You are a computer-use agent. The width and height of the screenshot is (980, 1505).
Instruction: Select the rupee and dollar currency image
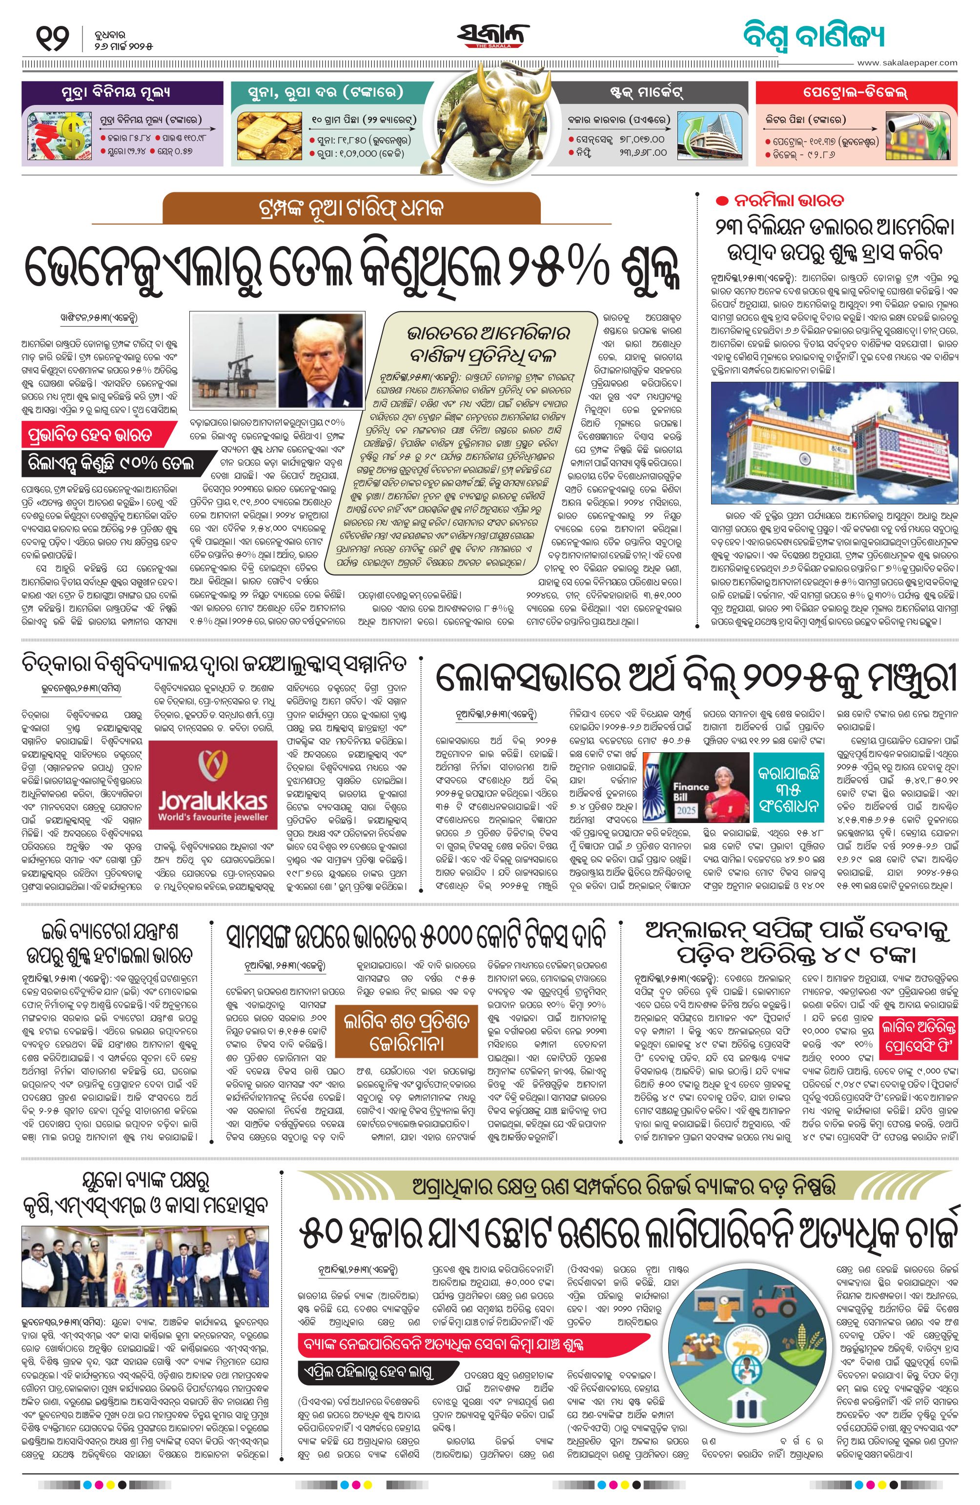click(58, 135)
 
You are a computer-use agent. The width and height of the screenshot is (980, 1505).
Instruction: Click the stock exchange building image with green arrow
click(708, 136)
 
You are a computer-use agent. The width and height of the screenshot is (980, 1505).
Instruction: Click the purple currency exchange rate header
click(122, 92)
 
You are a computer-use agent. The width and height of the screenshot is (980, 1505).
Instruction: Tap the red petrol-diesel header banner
click(856, 92)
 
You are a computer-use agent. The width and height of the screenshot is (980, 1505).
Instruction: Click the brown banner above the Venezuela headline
click(351, 207)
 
